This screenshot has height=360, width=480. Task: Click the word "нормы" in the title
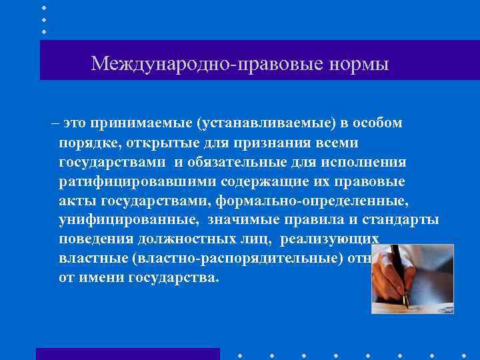pos(359,64)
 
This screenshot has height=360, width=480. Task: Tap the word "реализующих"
pos(329,240)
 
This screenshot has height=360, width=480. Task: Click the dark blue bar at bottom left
pos(127,353)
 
